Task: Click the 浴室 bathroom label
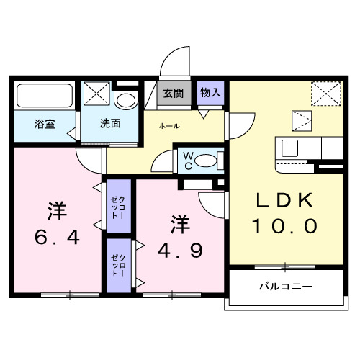[x=45, y=122]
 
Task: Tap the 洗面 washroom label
[x=110, y=122]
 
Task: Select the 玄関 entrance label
[x=172, y=93]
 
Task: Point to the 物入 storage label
[x=210, y=93]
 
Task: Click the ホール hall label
[x=170, y=126]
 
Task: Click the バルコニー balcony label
[x=285, y=287]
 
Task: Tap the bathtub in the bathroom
[x=45, y=96]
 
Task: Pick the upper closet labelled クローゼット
[x=117, y=207]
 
